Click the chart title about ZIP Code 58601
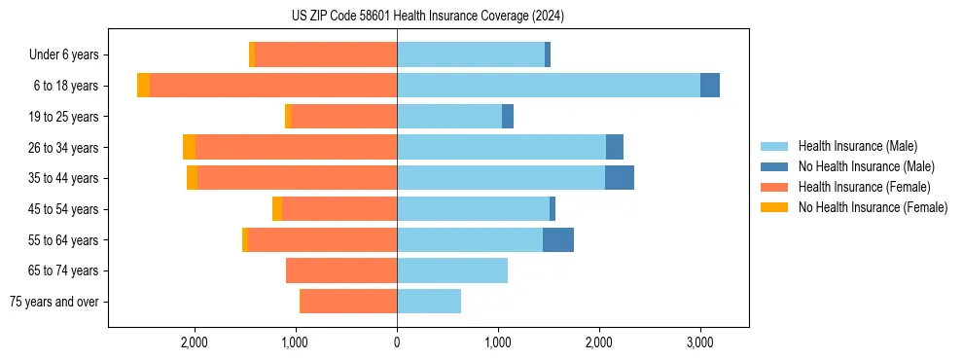pos(427,16)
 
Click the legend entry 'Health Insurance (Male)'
pos(857,146)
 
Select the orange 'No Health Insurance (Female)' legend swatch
pos(775,207)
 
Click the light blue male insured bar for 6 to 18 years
pos(549,86)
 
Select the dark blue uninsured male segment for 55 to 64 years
pos(558,239)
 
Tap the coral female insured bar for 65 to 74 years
pos(341,270)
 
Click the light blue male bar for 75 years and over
pos(429,302)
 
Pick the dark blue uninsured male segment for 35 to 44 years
pos(620,178)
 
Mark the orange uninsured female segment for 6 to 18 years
pos(144,86)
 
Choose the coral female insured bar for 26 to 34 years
pos(296,147)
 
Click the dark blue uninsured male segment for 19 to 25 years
pos(508,117)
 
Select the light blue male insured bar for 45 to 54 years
pos(473,209)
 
